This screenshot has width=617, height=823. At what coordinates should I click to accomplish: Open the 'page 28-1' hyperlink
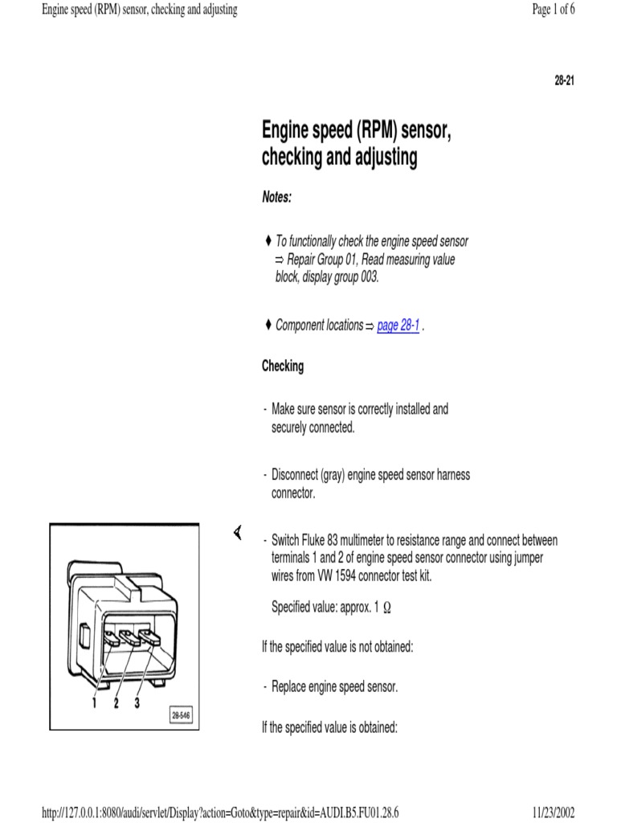pyautogui.click(x=398, y=326)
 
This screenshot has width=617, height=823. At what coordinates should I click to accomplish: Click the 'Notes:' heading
pyautogui.click(x=276, y=197)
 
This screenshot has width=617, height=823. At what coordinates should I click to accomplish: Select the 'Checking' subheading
pyautogui.click(x=283, y=366)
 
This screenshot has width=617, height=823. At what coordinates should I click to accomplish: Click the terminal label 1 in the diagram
pyautogui.click(x=94, y=702)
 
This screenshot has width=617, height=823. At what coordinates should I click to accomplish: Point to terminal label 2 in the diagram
pyautogui.click(x=116, y=702)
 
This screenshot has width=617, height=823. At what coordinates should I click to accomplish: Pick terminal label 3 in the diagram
pyautogui.click(x=137, y=702)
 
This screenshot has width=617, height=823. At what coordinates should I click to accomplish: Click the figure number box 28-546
pyautogui.click(x=182, y=715)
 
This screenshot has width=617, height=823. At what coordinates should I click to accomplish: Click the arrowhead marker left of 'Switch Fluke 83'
pyautogui.click(x=238, y=533)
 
